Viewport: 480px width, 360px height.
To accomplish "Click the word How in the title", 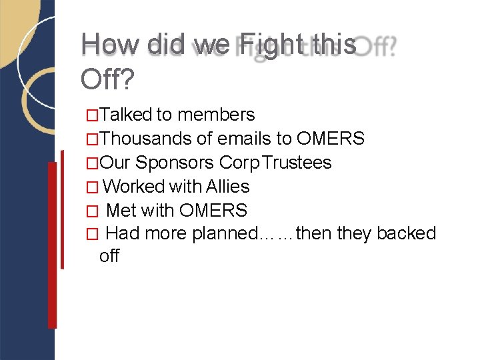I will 111,45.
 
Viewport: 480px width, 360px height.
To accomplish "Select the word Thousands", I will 147,139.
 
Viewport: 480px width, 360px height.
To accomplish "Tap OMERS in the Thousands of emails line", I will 331,139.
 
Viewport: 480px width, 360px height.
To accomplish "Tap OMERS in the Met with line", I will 213,211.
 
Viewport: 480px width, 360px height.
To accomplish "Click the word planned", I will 224,234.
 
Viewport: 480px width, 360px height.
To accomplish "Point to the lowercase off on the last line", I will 109,255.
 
